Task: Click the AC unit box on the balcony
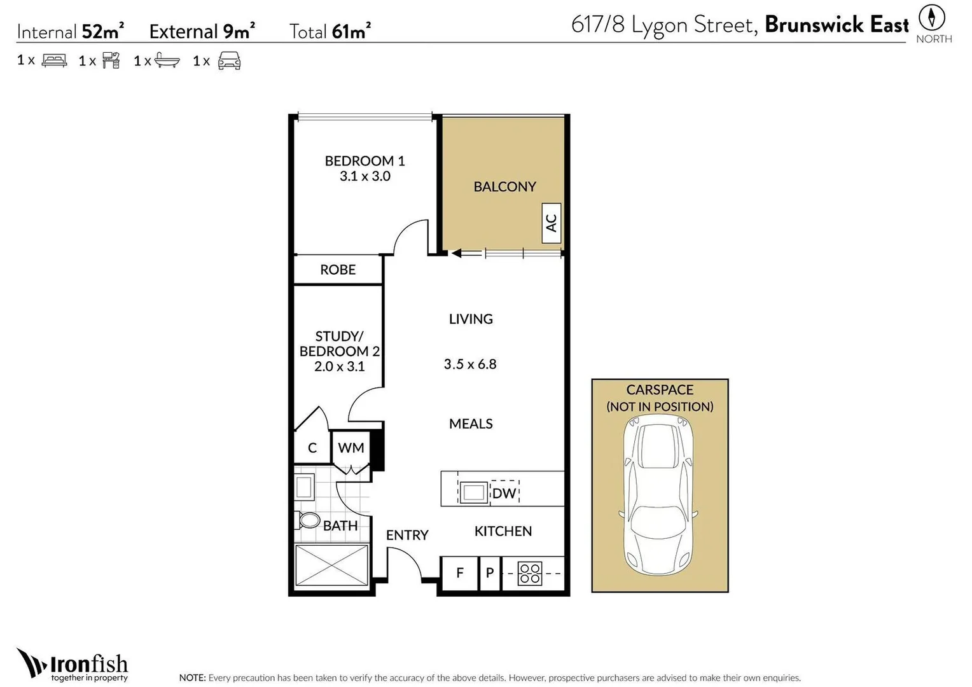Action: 551,223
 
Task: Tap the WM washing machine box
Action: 351,448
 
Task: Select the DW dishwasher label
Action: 504,493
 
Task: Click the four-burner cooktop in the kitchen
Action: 530,573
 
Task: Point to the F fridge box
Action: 460,573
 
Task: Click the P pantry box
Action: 490,573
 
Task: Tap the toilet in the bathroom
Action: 308,520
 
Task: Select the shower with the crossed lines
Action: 332,565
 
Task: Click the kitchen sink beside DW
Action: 473,492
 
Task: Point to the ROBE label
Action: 338,270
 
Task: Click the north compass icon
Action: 932,17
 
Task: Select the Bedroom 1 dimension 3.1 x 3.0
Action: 365,176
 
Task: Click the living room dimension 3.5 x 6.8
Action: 470,364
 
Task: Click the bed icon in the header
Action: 54,61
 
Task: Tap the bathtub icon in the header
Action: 167,61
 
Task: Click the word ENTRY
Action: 407,536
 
